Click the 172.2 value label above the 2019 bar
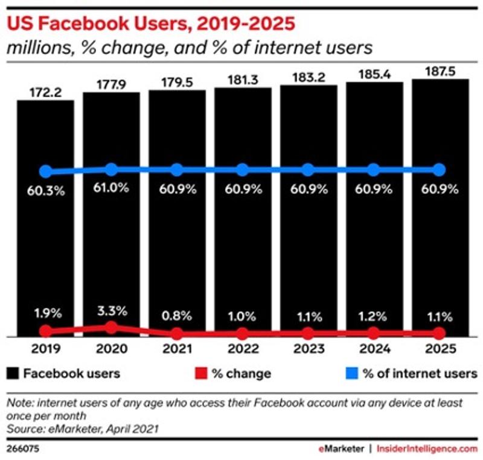(45, 92)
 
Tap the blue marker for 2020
(112, 170)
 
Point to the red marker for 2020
(112, 327)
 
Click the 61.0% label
(112, 188)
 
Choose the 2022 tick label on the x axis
(243, 349)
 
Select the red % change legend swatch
(200, 373)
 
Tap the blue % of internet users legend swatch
(351, 373)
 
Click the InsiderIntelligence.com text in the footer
(427, 449)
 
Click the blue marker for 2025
(439, 170)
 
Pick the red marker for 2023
(308, 333)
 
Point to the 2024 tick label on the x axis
(374, 349)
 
